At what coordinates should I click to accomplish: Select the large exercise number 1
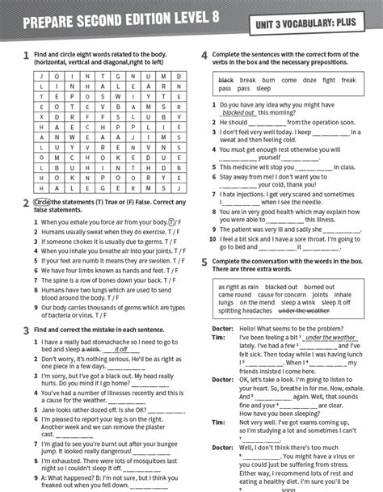[x=27, y=56]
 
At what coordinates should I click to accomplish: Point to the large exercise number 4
[x=204, y=56]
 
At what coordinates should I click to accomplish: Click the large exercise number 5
[x=204, y=262]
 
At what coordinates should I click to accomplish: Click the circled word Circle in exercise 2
[x=43, y=202]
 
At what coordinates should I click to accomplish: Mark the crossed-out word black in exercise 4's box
[x=225, y=80]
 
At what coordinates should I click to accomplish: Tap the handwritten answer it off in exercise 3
[x=121, y=349]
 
